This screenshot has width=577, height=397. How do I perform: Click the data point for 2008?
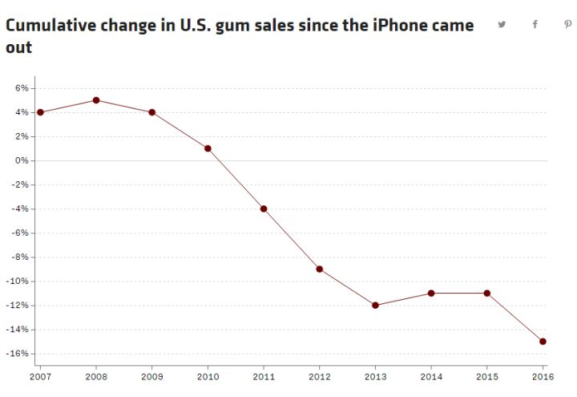(x=96, y=100)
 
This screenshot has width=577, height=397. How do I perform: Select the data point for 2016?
(x=543, y=342)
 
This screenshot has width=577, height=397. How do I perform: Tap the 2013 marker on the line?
(x=375, y=305)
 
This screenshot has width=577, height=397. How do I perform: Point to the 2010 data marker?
(x=208, y=148)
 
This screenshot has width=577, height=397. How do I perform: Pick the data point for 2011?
(x=264, y=209)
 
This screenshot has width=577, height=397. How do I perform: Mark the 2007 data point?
(x=40, y=112)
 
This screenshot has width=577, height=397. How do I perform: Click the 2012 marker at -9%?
(x=320, y=269)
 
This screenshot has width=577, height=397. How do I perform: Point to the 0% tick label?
(x=22, y=160)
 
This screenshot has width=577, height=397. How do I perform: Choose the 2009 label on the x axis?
(x=151, y=376)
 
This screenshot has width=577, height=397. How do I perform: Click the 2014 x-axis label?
(x=431, y=376)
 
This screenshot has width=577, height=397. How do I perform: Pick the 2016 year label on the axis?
(x=543, y=376)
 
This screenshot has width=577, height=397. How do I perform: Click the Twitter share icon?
(x=502, y=24)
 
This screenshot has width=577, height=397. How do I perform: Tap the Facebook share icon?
(x=535, y=24)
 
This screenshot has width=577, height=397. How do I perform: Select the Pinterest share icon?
(x=567, y=24)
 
